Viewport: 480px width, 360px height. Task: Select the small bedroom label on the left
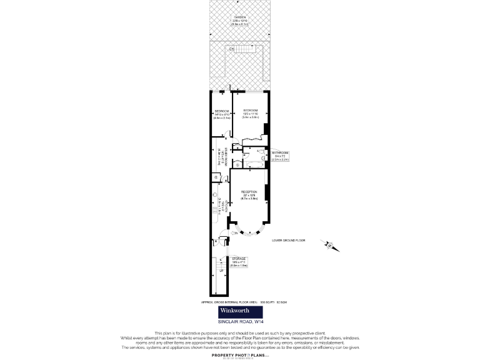pos(221,114)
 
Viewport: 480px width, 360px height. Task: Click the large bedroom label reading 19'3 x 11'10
pos(250,114)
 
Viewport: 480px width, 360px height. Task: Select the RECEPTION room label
pos(249,195)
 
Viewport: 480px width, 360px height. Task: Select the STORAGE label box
pos(239,261)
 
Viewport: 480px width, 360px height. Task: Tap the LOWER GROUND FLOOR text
pos(287,240)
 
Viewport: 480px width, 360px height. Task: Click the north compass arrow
pos(330,244)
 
